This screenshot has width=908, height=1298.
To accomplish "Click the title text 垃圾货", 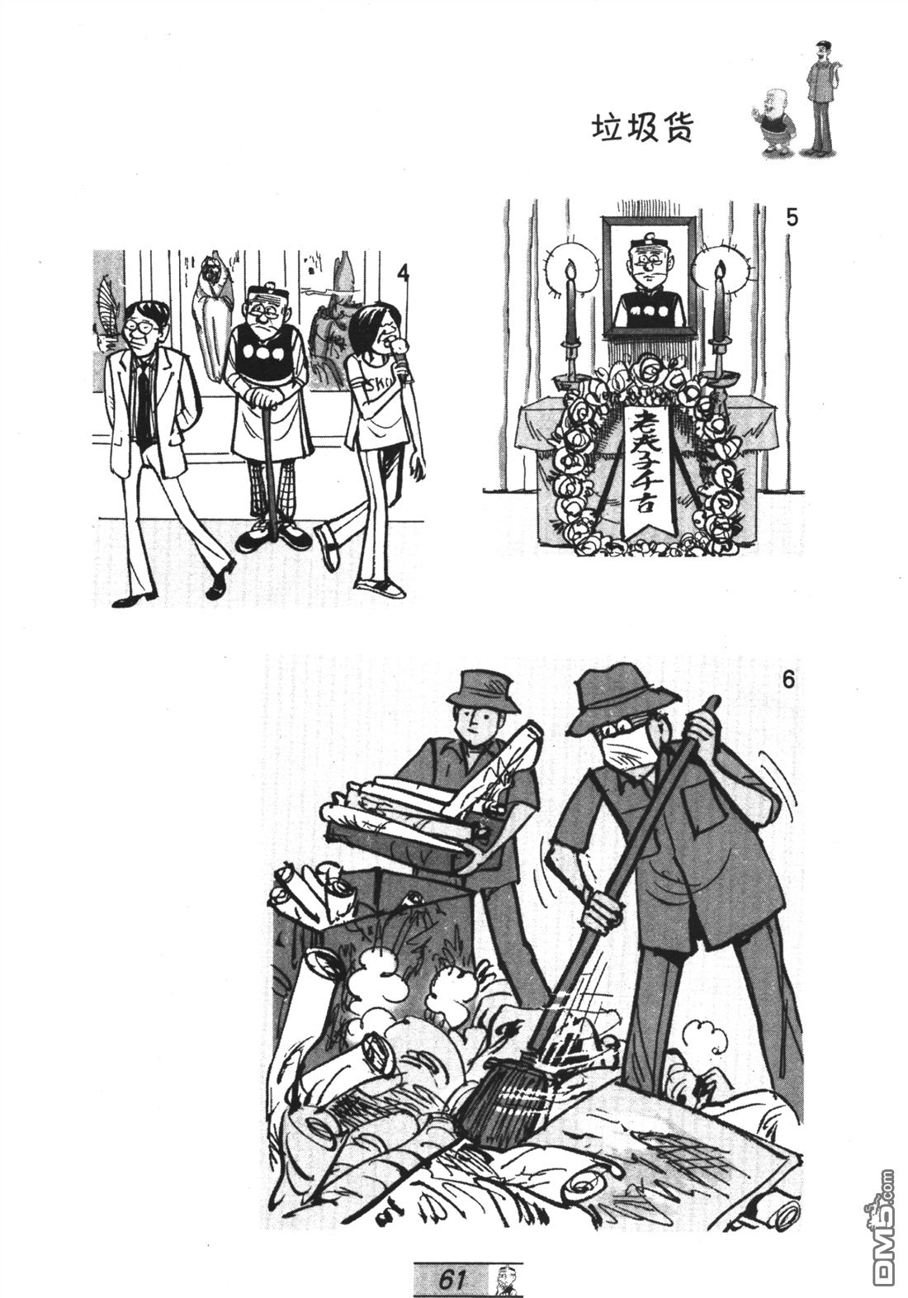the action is [641, 129].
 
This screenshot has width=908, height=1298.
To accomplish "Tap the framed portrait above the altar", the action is [649, 277].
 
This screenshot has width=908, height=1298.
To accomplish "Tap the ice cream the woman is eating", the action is [396, 347].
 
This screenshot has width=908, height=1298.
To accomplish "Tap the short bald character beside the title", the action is [773, 121].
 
